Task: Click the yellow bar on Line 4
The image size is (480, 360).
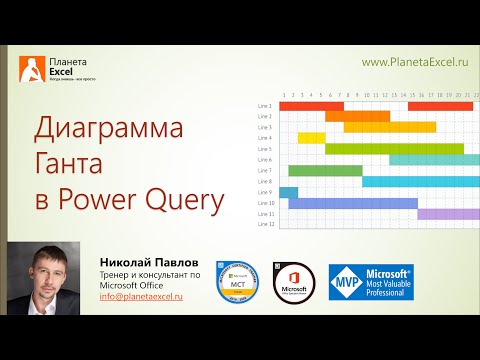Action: pyautogui.click(x=311, y=138)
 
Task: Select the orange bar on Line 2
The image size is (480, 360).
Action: pyautogui.click(x=357, y=116)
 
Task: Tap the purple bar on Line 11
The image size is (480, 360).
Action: pyautogui.click(x=448, y=213)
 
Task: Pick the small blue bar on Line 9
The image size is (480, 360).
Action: pyautogui.click(x=289, y=192)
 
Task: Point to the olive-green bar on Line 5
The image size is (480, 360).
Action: pyautogui.click(x=394, y=149)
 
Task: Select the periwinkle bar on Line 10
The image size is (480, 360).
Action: pyautogui.click(x=352, y=203)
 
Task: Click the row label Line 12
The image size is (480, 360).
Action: pyautogui.click(x=264, y=224)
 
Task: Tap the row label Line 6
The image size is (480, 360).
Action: pyautogui.click(x=264, y=160)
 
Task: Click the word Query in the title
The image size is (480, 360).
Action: pyautogui.click(x=186, y=200)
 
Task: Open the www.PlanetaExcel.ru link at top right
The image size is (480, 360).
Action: pyautogui.click(x=415, y=62)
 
